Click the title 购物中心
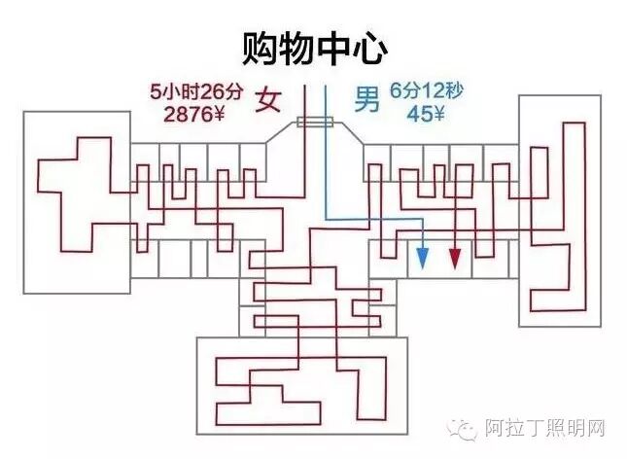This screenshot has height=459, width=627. pos(314,46)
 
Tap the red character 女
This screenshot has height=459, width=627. pos(268,100)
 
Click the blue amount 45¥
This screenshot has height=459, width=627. pos(426,114)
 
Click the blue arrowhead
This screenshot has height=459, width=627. pos(423,258)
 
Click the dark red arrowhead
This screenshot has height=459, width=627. pos(454,258)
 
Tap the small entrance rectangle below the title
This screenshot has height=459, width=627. pos(315,123)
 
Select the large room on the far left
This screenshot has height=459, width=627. pos(75,201)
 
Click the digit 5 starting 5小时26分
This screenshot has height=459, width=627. pos(156,93)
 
